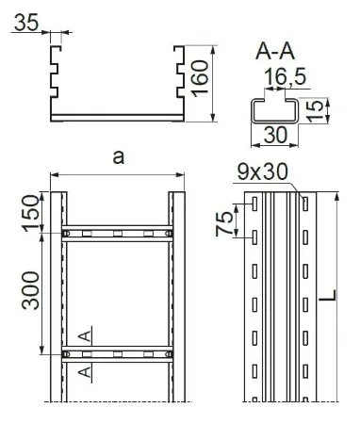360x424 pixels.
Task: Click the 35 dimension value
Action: point(26,23)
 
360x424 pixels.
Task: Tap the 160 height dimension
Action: point(200,78)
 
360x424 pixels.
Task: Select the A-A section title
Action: point(275,52)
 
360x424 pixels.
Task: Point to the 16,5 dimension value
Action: point(285,77)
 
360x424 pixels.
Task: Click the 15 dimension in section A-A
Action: point(315,111)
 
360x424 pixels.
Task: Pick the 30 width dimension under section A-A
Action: point(275,135)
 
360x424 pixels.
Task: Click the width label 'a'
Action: point(119,157)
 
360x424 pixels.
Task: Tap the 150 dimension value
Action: point(31,213)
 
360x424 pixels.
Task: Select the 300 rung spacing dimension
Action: point(30,290)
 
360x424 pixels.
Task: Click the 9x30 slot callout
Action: point(263,171)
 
